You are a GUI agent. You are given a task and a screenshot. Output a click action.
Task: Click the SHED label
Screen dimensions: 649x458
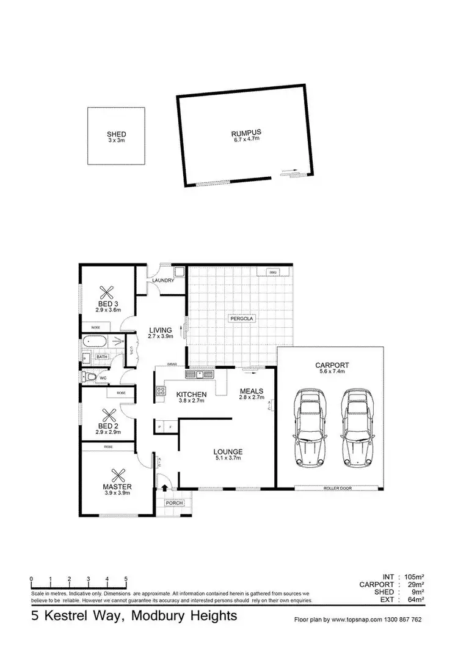click(116, 134)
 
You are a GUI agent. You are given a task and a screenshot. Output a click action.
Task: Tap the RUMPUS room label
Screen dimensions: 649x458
click(245, 132)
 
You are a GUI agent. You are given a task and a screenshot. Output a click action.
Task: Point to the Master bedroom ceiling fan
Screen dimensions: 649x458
click(117, 475)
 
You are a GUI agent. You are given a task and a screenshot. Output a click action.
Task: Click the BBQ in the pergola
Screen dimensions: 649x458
click(273, 272)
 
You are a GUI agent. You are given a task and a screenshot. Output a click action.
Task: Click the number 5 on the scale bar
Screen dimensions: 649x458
click(126, 578)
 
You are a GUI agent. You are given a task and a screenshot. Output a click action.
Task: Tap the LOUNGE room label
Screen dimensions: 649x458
click(228, 452)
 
